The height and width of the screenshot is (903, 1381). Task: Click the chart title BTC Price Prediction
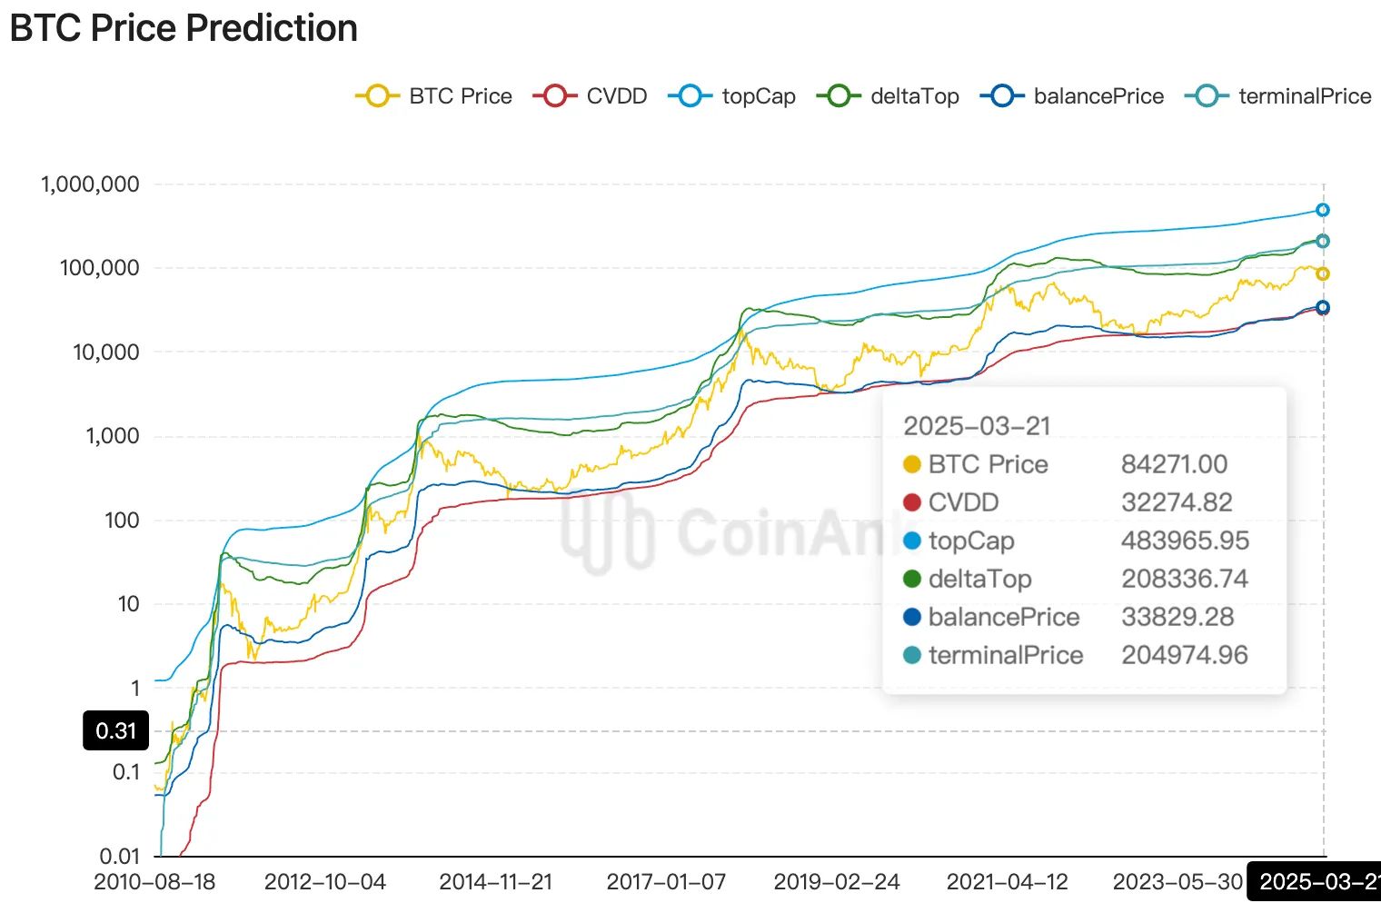[x=184, y=28]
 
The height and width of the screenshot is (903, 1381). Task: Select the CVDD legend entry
[x=591, y=96]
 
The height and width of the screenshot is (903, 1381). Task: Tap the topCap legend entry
[x=732, y=96]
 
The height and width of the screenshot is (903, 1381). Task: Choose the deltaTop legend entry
[x=889, y=96]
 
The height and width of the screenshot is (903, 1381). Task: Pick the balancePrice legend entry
[x=1072, y=96]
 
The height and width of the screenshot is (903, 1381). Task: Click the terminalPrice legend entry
[x=1279, y=96]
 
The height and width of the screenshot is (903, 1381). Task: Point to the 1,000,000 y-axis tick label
[x=90, y=184]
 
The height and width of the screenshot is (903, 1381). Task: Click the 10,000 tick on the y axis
[x=106, y=352]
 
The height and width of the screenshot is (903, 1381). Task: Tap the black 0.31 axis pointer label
[x=115, y=731]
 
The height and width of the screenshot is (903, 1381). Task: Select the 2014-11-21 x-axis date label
[x=495, y=882]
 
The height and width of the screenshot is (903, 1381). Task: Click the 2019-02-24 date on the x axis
[x=836, y=882]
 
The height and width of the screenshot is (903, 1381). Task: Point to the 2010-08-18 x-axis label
[x=154, y=882]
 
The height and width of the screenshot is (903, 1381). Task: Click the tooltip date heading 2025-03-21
[x=977, y=426]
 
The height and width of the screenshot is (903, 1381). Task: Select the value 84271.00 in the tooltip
[x=1174, y=464]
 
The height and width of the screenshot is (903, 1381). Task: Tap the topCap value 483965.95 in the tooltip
[x=1185, y=541]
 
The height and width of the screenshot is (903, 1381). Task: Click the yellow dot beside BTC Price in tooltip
[x=912, y=465]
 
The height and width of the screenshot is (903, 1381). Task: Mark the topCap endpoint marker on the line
[x=1323, y=210]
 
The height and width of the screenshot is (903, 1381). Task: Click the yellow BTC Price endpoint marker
[x=1323, y=273]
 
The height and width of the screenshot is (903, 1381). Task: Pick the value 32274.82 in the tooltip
[x=1177, y=502]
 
